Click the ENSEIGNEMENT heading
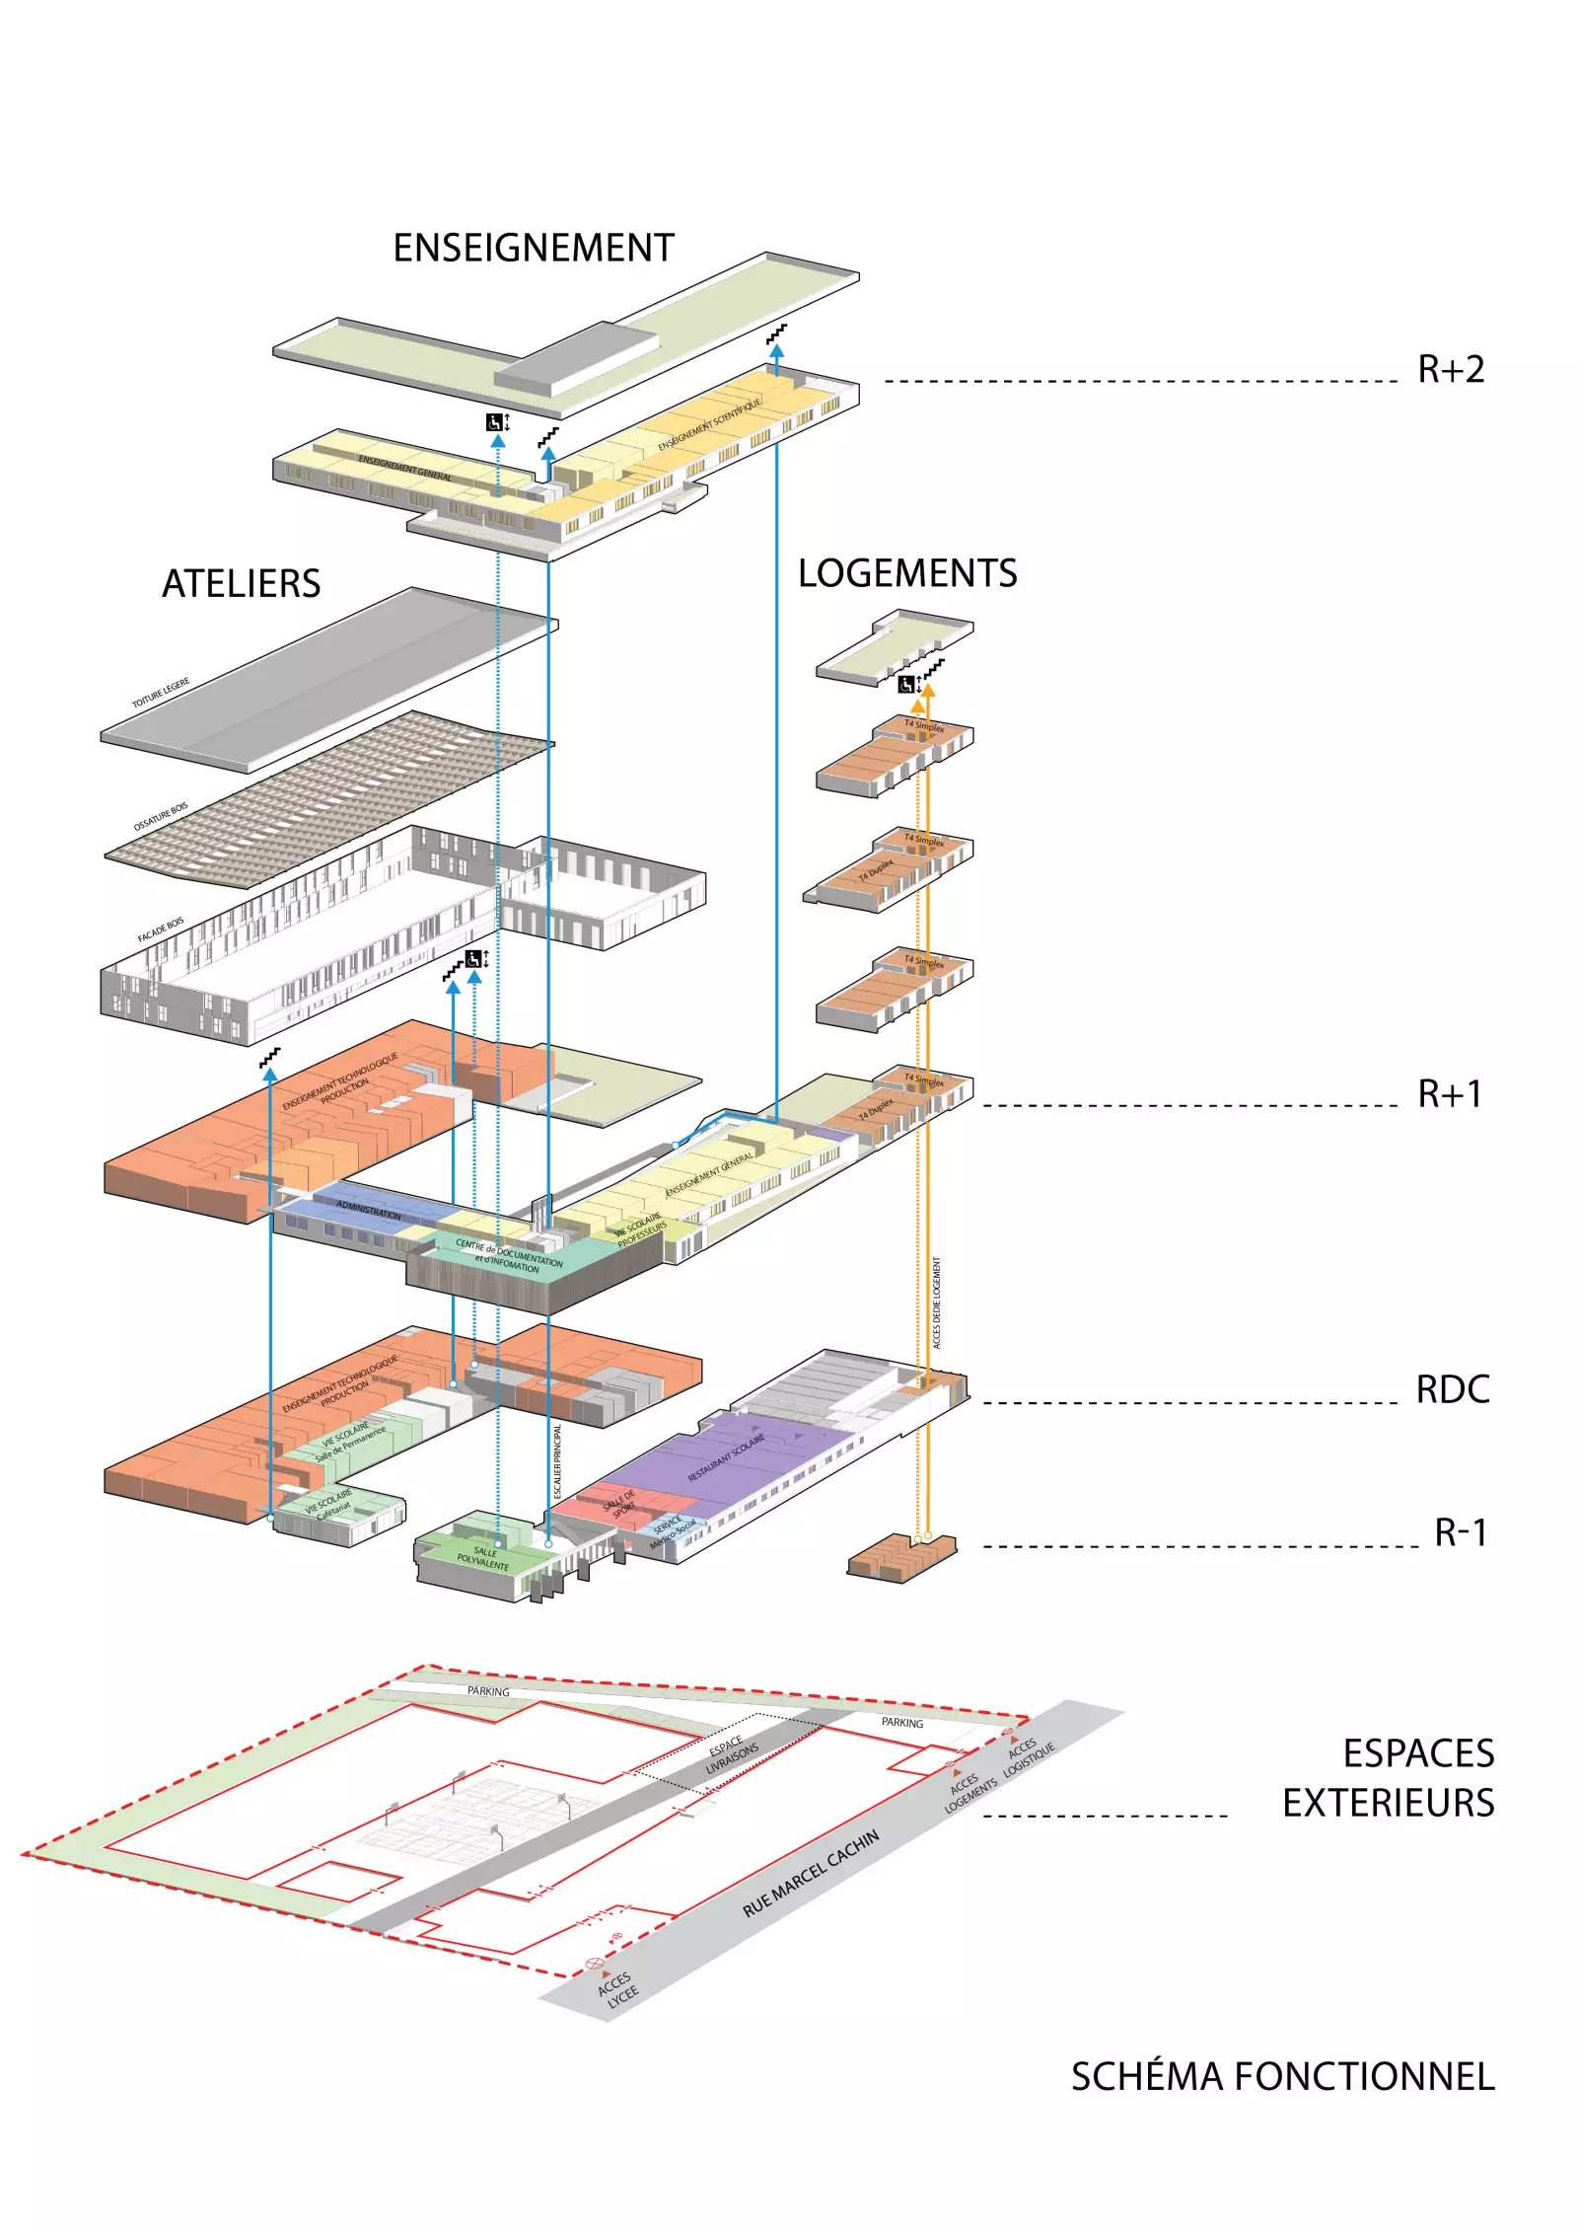[534, 248]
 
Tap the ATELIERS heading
[241, 583]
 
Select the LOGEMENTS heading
[906, 573]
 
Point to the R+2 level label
[1450, 370]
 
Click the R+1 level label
[1450, 1093]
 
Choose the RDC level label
[1452, 1389]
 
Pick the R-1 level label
[1460, 1532]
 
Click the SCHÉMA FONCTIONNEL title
[1282, 2077]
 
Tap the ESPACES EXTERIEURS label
[1388, 1778]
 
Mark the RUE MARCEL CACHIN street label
[810, 1875]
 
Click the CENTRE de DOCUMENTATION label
[509, 1255]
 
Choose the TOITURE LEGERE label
[161, 693]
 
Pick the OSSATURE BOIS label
[161, 817]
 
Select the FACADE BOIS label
[161, 930]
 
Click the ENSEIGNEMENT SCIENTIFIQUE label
[709, 425]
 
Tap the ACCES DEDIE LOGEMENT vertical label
[936, 1303]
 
